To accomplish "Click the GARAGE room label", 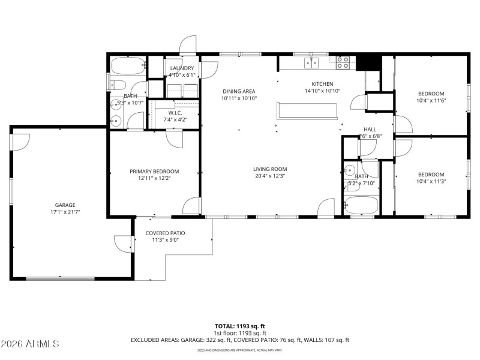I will (65, 205).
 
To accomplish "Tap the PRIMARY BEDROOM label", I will (154, 171).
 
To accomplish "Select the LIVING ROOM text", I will (270, 169).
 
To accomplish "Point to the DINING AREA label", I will (239, 91).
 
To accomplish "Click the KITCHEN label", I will (322, 84).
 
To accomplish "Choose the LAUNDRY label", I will (182, 68).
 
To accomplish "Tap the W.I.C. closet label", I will (175, 113).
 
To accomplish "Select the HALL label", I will (370, 130).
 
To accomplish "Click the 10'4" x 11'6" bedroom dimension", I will (431, 100).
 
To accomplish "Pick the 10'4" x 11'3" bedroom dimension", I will (431, 181).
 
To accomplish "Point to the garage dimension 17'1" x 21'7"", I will (65, 212).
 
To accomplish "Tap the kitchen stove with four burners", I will (343, 61).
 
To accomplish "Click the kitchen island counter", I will (307, 110).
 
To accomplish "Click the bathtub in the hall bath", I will (361, 205).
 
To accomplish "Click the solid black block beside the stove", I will (369, 62).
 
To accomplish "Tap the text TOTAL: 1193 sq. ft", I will (240, 326).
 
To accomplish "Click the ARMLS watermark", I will (30, 344).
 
